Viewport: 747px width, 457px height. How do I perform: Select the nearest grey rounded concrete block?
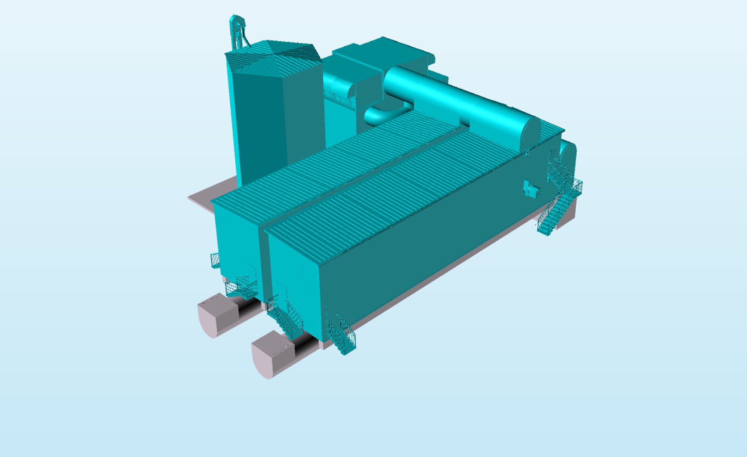pos(272,355)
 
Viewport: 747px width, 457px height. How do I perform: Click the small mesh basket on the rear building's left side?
pos(215,260)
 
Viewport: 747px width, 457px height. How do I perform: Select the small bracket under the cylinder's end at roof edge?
pos(527,152)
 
